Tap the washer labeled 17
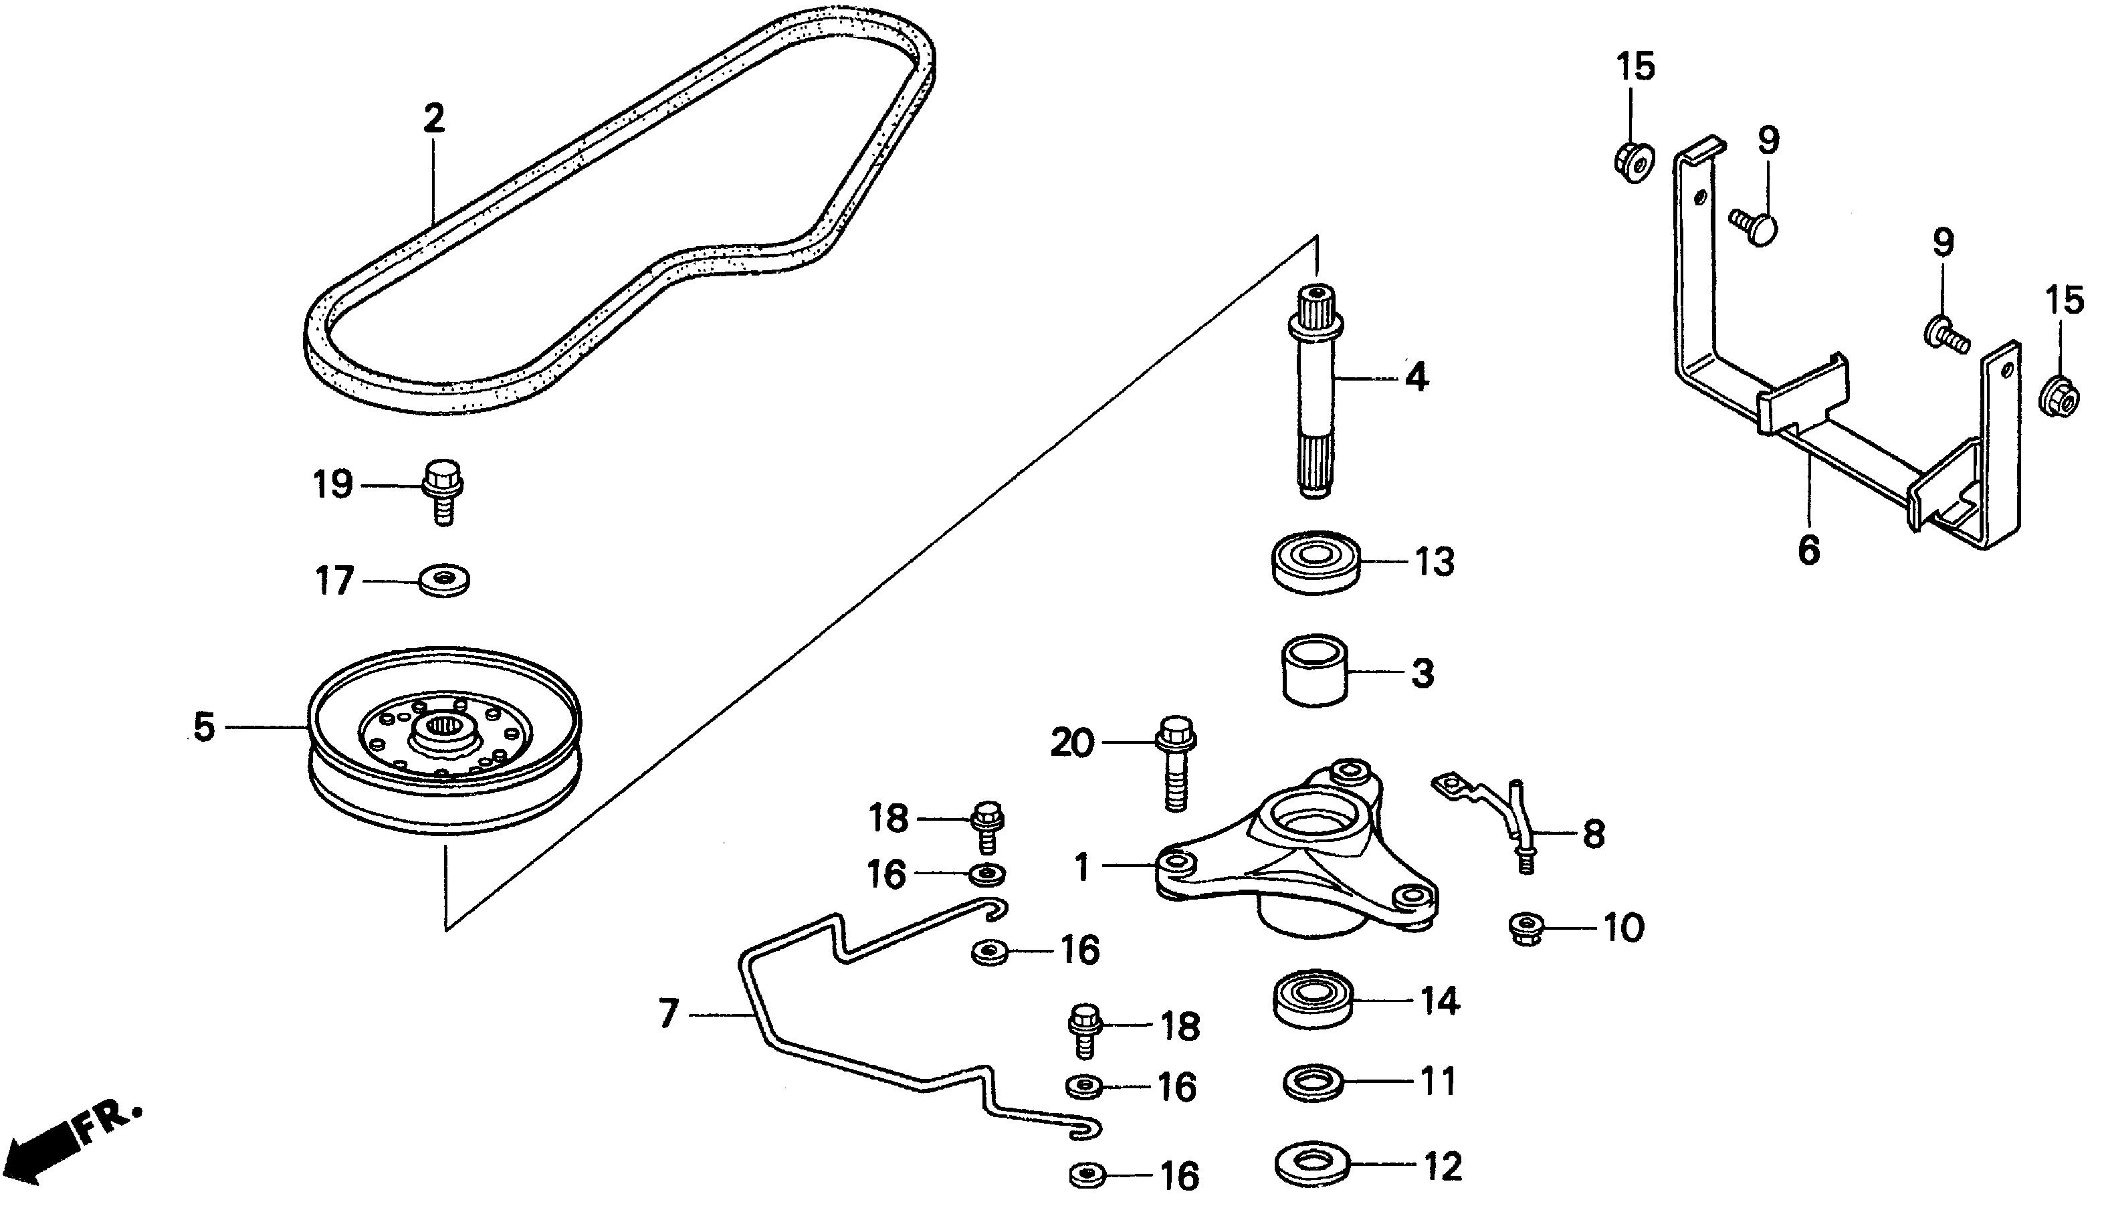click(445, 580)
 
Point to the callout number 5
click(204, 728)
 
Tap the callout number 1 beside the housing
click(1081, 868)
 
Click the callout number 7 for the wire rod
click(669, 1014)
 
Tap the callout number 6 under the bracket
click(1809, 550)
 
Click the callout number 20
click(1073, 743)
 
